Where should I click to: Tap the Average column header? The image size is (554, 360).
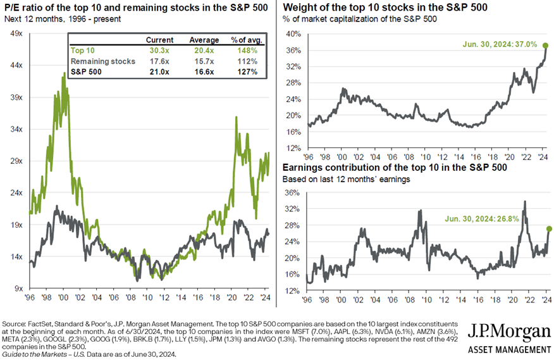pos(204,40)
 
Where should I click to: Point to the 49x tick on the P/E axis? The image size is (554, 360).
pos(15,34)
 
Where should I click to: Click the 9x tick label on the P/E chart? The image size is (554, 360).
pos(16,289)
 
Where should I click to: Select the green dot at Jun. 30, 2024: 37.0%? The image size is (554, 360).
pos(545,46)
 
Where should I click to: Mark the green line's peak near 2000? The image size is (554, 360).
pos(64,74)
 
